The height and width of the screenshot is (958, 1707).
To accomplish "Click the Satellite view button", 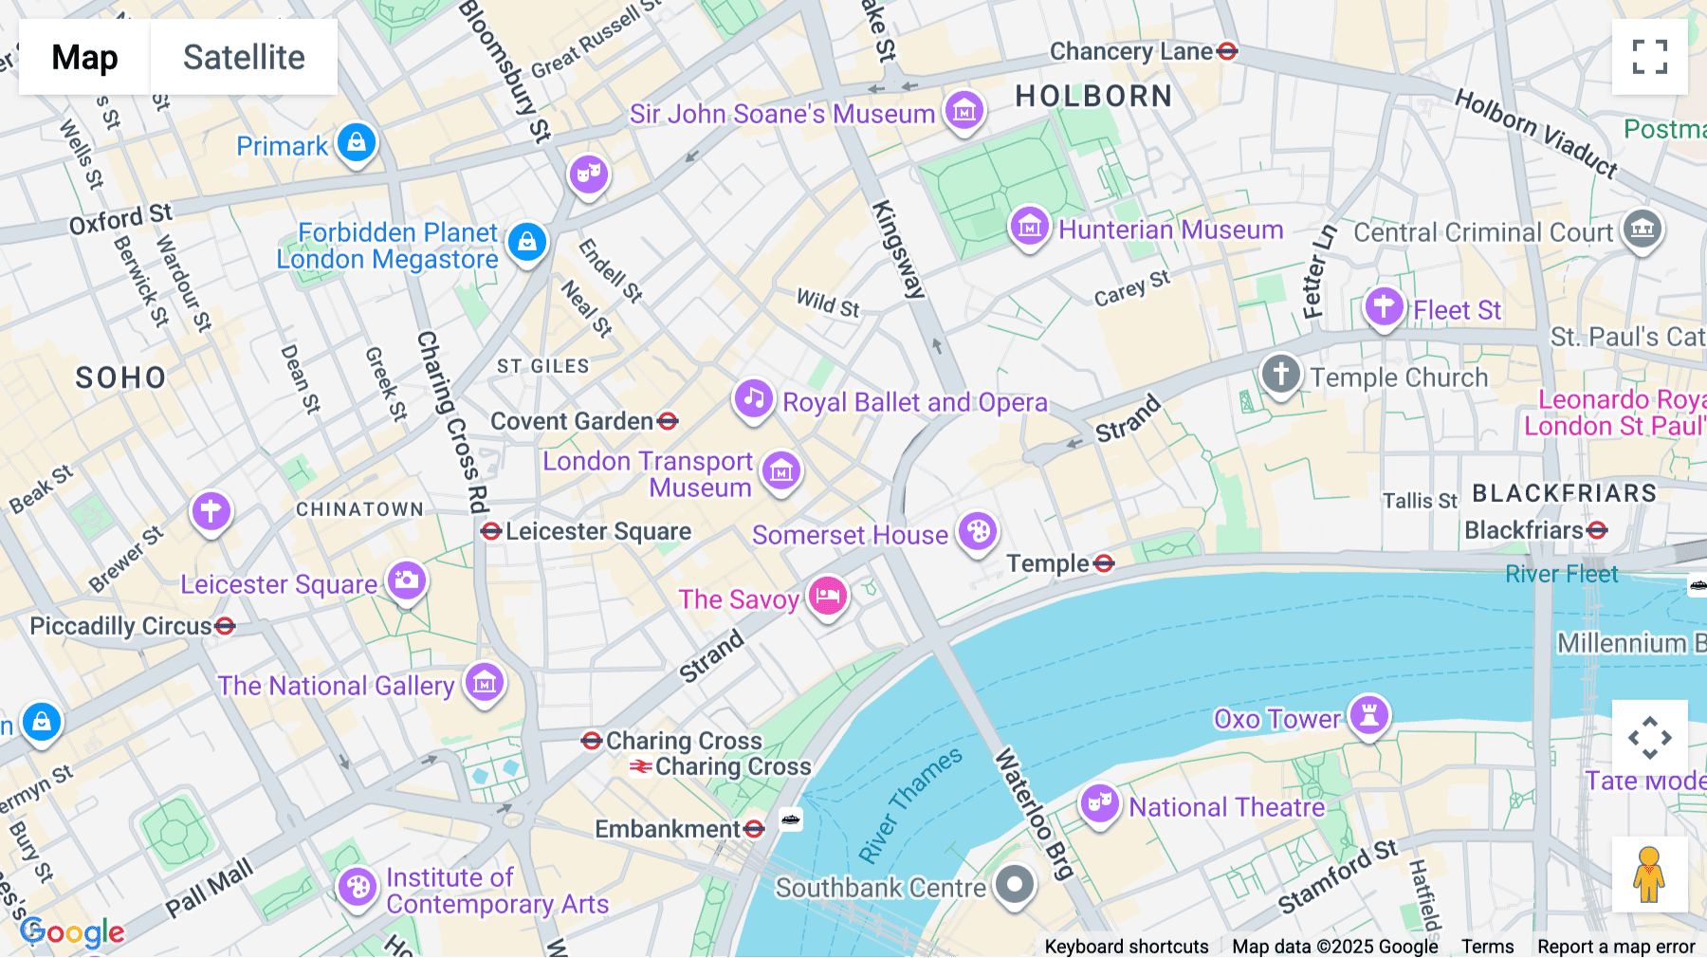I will (x=244, y=57).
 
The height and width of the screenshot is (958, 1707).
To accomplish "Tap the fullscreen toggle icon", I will (x=1649, y=57).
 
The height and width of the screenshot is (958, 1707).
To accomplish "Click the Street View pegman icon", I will (x=1649, y=875).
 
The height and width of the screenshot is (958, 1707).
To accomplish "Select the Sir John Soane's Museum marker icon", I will (x=964, y=110).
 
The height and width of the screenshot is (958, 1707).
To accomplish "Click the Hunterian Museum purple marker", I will (x=1029, y=227).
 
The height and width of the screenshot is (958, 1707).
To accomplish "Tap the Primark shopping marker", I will (x=357, y=143).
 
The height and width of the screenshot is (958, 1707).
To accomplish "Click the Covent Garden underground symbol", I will (x=668, y=421).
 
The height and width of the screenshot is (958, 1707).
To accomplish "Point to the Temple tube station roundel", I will (x=1103, y=564).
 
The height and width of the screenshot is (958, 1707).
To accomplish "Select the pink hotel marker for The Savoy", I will (x=828, y=596).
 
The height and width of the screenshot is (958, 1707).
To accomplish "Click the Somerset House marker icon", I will (x=978, y=532).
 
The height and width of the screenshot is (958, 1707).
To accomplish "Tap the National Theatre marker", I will (x=1099, y=803).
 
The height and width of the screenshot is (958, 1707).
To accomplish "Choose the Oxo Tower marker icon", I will (x=1369, y=715).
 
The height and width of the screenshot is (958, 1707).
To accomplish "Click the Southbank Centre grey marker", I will (x=1015, y=884).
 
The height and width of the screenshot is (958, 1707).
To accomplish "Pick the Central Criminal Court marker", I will (x=1643, y=229).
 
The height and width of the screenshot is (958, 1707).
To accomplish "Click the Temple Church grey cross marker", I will (x=1280, y=373).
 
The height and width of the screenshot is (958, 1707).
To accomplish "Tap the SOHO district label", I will (x=120, y=378).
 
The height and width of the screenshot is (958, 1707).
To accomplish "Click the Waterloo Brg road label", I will (x=1033, y=812).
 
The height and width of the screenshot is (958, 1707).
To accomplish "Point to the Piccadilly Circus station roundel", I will (x=225, y=626).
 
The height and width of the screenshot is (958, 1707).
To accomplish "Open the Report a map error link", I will (x=1616, y=947).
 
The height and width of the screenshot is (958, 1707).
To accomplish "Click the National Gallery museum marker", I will (x=485, y=682).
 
